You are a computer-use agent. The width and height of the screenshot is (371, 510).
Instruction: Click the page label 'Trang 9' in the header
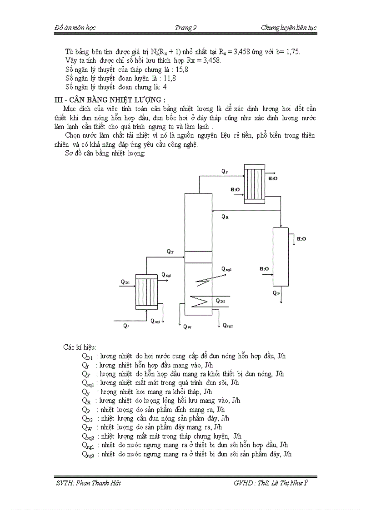click(x=185, y=28)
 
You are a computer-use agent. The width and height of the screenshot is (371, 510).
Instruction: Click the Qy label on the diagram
click(x=225, y=171)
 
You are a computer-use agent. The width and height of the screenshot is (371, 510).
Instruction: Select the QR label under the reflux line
click(x=225, y=217)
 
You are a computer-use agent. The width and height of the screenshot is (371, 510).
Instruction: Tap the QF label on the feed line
click(x=170, y=251)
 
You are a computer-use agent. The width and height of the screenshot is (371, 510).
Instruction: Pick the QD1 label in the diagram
click(x=125, y=282)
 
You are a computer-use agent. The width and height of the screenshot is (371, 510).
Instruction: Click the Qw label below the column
click(x=187, y=326)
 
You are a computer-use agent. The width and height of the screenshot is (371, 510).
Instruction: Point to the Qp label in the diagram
click(x=276, y=293)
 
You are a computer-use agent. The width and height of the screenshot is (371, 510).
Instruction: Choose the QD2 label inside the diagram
click(x=221, y=301)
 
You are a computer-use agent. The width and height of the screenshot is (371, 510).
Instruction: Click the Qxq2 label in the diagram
click(x=226, y=269)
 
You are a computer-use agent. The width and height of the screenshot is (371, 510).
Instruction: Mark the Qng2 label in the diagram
click(x=227, y=326)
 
